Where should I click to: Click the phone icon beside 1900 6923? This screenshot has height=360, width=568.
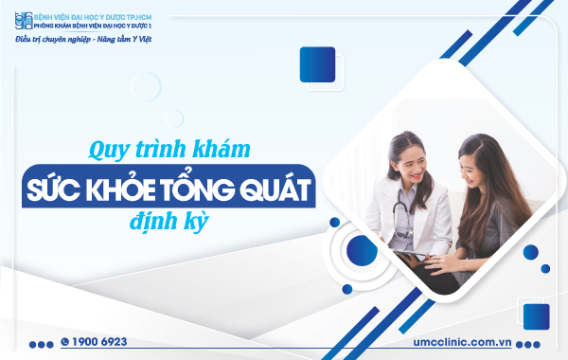(x=65, y=341)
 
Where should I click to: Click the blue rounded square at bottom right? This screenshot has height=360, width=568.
(x=537, y=315)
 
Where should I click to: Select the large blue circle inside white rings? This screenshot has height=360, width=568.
(x=362, y=250)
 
